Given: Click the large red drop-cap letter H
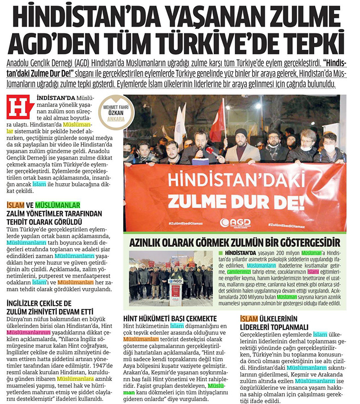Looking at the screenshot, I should tap(21, 107).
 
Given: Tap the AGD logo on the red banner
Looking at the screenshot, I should tap(235, 222).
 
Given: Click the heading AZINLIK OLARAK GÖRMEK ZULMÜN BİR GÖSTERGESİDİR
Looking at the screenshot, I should tap(235, 242).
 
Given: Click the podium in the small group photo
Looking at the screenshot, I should tap(175, 290).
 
